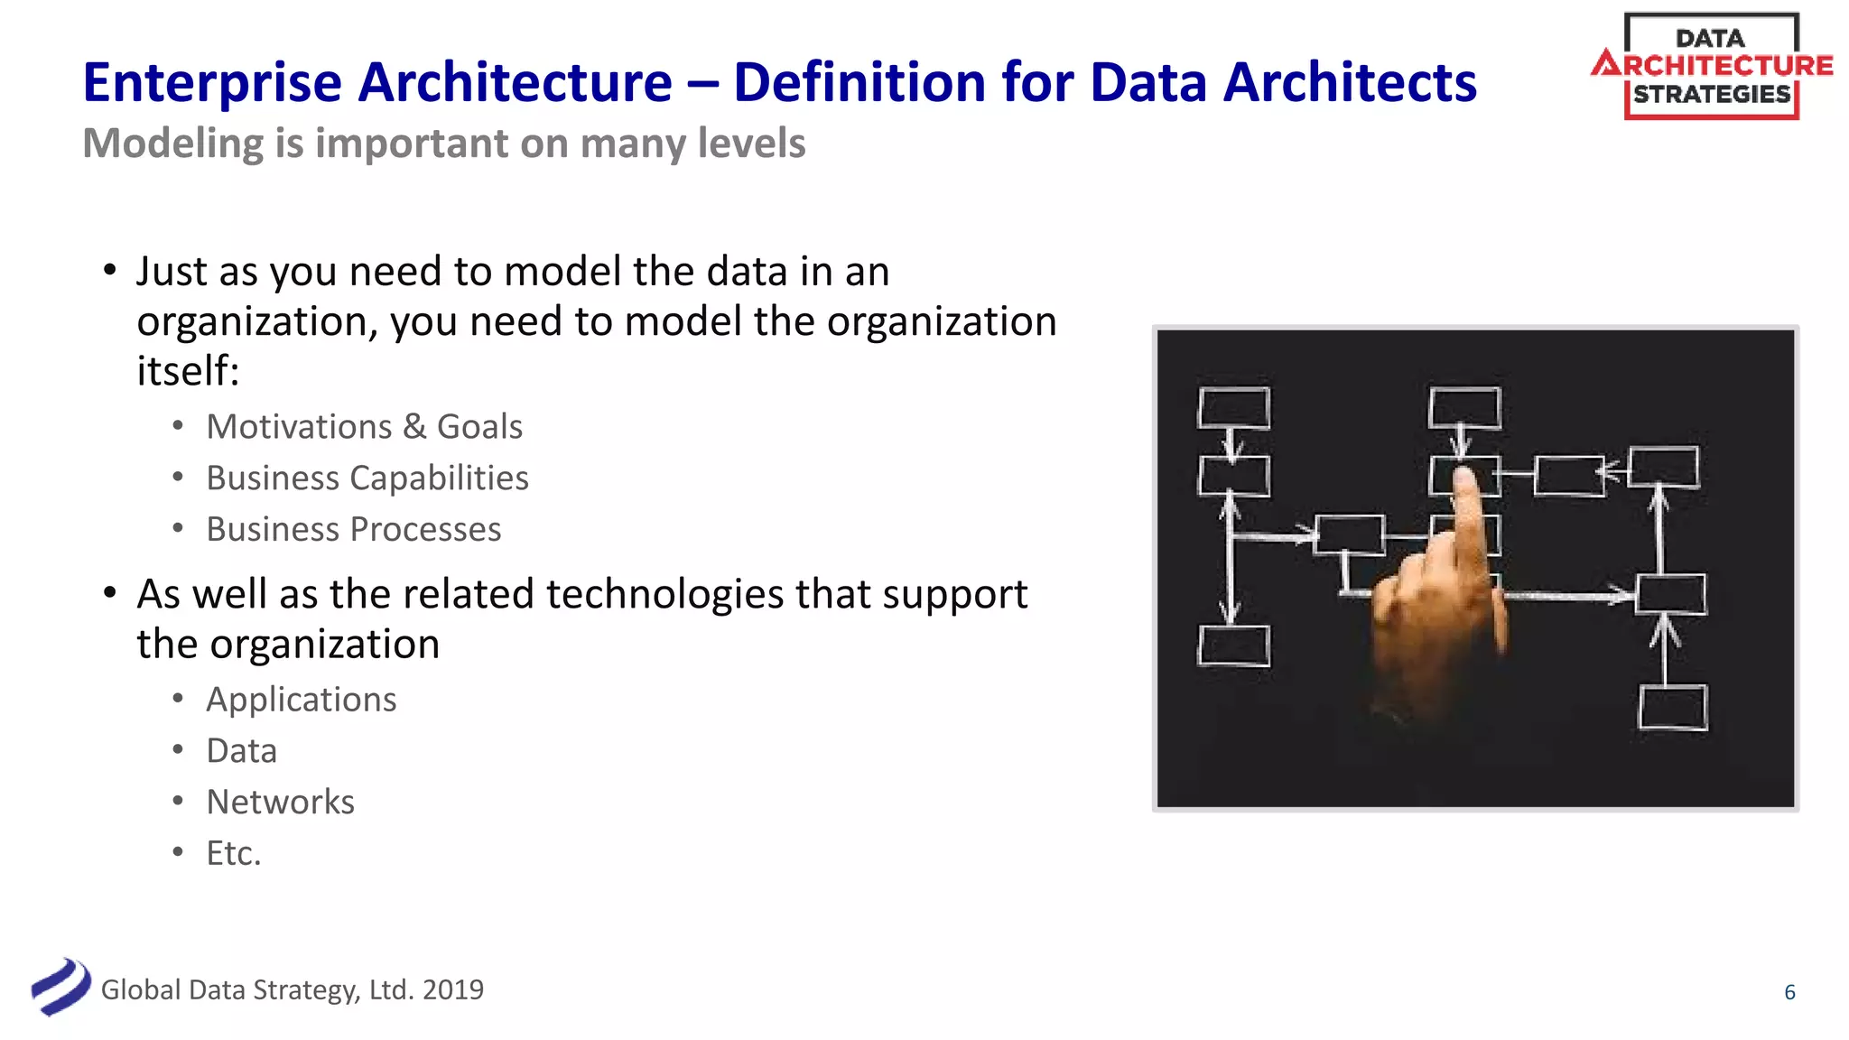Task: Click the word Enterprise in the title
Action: pos(212,83)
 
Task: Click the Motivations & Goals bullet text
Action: pos(364,426)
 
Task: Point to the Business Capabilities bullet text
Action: pos(367,478)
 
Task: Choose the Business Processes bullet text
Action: pos(353,529)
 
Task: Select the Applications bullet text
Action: pos(301,700)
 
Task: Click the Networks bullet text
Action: pos(280,802)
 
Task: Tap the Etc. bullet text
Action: pos(233,853)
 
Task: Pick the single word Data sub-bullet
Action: pos(241,751)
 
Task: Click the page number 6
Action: pos(1789,992)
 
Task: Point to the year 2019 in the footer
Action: pos(452,989)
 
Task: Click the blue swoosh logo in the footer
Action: pos(60,987)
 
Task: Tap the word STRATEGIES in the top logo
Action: pos(1712,95)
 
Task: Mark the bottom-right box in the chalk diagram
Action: pos(1672,707)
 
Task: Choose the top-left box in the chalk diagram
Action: pos(1233,408)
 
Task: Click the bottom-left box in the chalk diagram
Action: pos(1233,645)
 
